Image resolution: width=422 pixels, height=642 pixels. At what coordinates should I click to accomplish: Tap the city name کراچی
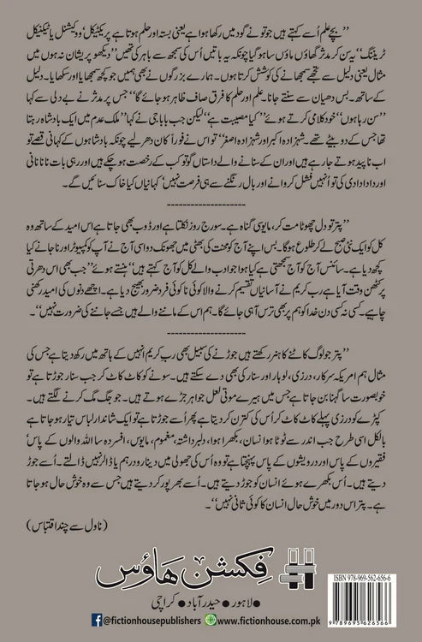coord(152,602)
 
